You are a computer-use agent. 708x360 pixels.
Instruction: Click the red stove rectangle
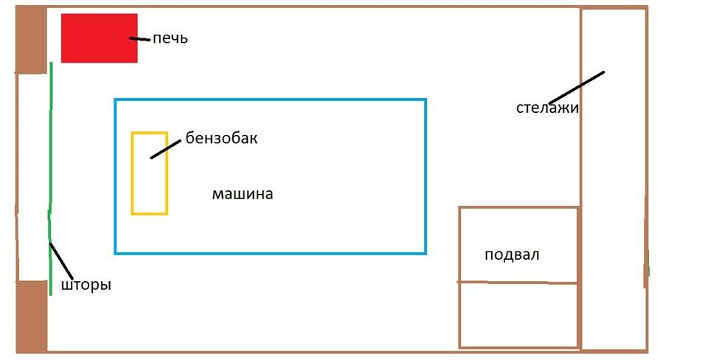100,38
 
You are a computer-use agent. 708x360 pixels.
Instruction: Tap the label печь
170,38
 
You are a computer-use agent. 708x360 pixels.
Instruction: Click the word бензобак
221,138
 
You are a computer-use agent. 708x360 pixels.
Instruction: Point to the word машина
243,194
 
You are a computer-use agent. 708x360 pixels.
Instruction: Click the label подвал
512,255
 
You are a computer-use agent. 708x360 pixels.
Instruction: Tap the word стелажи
547,108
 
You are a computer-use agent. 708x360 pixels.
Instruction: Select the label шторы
86,285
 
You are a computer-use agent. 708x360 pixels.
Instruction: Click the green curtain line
51,179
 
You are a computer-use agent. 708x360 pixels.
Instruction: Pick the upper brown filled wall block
32,40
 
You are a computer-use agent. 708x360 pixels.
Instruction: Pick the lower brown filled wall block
32,316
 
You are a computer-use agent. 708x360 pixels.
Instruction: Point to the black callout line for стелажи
577,88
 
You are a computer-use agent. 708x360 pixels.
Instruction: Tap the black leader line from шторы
61,261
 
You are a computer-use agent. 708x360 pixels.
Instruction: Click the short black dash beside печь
140,39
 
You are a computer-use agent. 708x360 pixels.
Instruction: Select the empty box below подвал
518,315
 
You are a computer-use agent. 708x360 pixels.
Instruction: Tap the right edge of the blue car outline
426,176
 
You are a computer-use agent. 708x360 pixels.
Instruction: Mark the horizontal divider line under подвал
518,283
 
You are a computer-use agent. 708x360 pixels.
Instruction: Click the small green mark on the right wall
648,269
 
